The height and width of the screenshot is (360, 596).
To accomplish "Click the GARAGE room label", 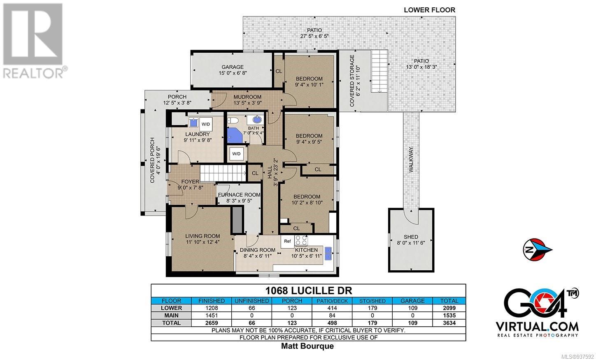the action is pyautogui.click(x=233, y=67).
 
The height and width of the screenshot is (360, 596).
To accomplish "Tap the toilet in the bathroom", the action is pyautogui.click(x=233, y=121).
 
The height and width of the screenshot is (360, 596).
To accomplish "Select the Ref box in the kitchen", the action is pyautogui.click(x=287, y=242).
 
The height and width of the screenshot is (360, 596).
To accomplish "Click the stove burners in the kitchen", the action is pyautogui.click(x=301, y=240).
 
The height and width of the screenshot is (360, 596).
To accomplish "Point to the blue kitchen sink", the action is pyautogui.click(x=328, y=254).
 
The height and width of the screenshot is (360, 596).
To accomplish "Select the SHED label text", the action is pyautogui.click(x=411, y=237).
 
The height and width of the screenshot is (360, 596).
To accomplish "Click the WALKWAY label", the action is pyautogui.click(x=411, y=160).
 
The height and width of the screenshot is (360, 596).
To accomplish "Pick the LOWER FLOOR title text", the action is pyautogui.click(x=429, y=10).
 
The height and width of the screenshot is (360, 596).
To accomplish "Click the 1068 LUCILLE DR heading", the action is pyautogui.click(x=309, y=290).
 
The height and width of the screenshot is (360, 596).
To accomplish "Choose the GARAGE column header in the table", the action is pyautogui.click(x=412, y=301).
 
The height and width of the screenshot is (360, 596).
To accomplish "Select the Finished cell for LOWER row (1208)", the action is pyautogui.click(x=212, y=308).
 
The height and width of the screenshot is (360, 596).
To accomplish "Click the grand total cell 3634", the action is pyautogui.click(x=449, y=323).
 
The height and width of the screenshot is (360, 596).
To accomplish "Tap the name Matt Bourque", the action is pyautogui.click(x=307, y=346).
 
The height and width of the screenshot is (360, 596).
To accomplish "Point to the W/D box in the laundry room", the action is pyautogui.click(x=206, y=124).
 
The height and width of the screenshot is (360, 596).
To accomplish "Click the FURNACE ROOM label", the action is pyautogui.click(x=239, y=195).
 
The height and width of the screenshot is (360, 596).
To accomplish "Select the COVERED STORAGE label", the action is pyautogui.click(x=352, y=81).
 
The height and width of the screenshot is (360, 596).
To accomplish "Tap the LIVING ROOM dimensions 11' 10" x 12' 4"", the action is pyautogui.click(x=203, y=242).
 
